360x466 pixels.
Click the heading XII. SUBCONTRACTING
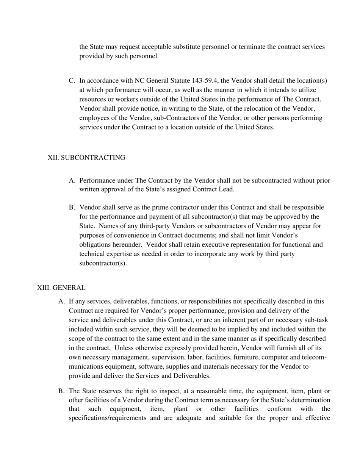[x=86, y=158]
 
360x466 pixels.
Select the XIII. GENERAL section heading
[x=61, y=288]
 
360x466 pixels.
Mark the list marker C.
[x=72, y=81]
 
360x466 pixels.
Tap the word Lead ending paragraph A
[x=226, y=190]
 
